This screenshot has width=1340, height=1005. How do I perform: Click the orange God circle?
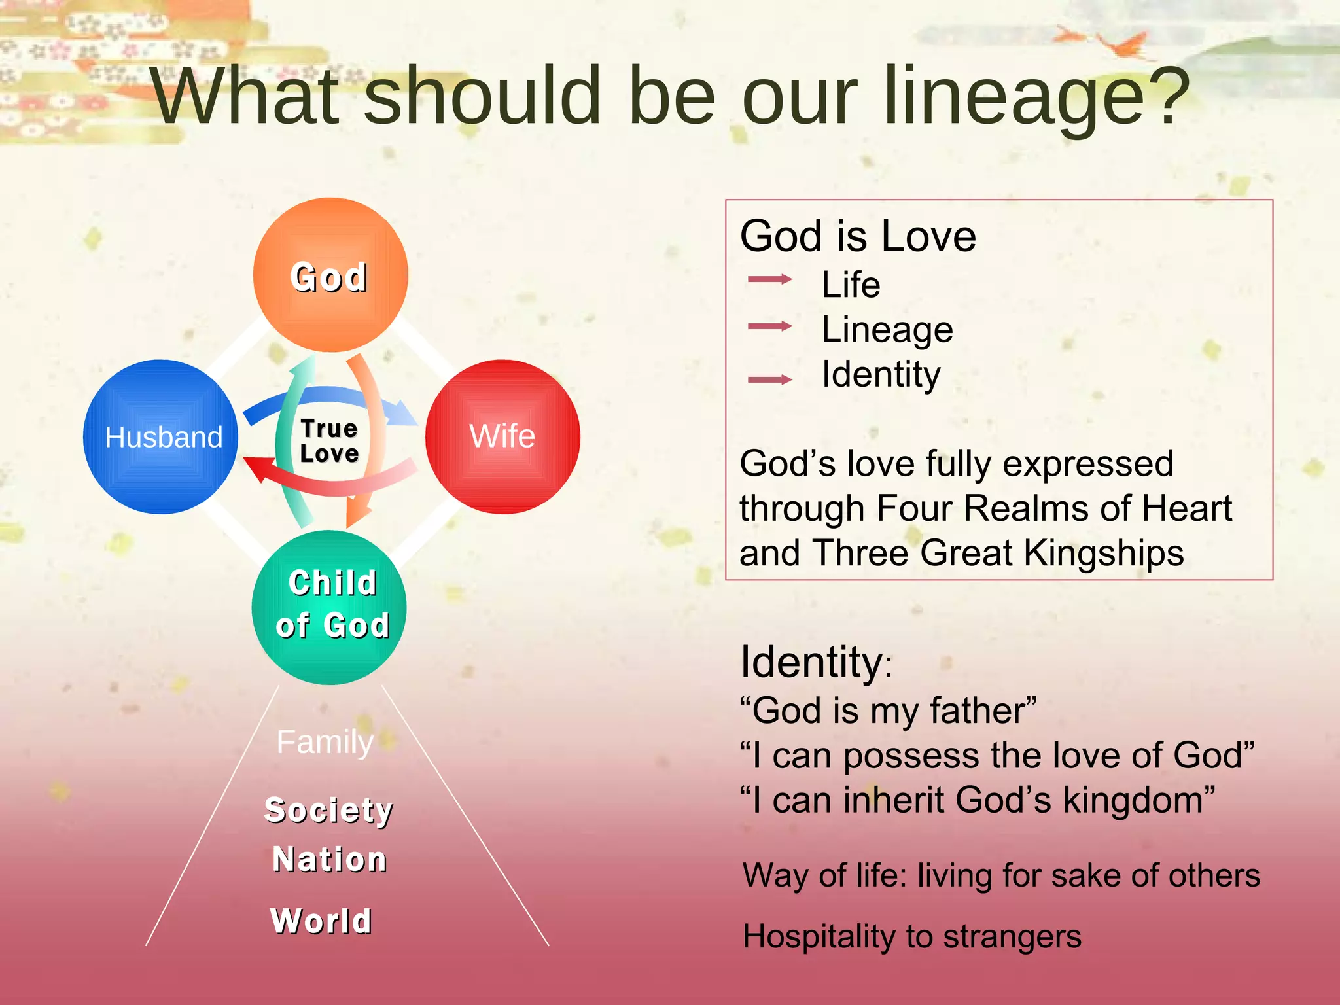pyautogui.click(x=330, y=275)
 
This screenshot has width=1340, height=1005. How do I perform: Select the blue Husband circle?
pyautogui.click(x=161, y=436)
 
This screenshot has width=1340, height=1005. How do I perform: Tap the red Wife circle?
pyautogui.click(x=502, y=436)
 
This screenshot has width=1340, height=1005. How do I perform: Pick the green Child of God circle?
pyautogui.click(x=329, y=607)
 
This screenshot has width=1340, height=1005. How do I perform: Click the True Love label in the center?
pyautogui.click(x=329, y=441)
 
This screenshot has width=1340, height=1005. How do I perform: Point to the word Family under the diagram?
pyautogui.click(x=325, y=743)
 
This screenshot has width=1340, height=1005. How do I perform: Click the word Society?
pyautogui.click(x=328, y=811)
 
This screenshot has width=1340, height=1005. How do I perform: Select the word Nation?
pyautogui.click(x=329, y=859)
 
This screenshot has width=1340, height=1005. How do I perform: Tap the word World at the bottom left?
pyautogui.click(x=321, y=921)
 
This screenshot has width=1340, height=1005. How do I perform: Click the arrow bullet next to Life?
pyautogui.click(x=770, y=279)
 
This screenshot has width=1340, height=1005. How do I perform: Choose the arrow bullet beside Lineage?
pyautogui.click(x=770, y=326)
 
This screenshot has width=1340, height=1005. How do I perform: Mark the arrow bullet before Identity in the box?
pyautogui.click(x=770, y=379)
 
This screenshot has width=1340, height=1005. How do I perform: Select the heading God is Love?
pyautogui.click(x=858, y=236)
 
